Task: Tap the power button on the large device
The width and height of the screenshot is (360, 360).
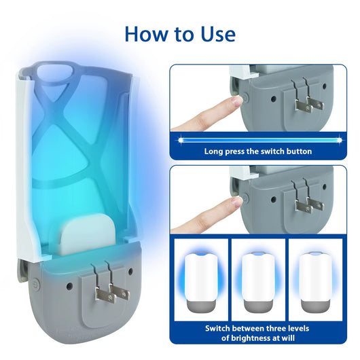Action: coord(36,283)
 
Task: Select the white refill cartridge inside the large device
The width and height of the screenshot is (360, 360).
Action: coord(87,234)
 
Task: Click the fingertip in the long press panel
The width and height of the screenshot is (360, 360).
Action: coord(236,101)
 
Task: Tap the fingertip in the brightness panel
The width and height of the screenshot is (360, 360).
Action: coord(236,202)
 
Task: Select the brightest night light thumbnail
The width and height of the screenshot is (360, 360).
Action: coord(201,283)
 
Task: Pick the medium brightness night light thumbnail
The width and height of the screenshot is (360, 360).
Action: coord(258,283)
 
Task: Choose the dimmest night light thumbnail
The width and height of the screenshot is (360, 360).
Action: coord(315,283)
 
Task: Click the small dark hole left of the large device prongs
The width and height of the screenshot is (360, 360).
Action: coord(69,286)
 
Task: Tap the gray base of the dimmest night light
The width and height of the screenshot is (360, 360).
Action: coord(315,306)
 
